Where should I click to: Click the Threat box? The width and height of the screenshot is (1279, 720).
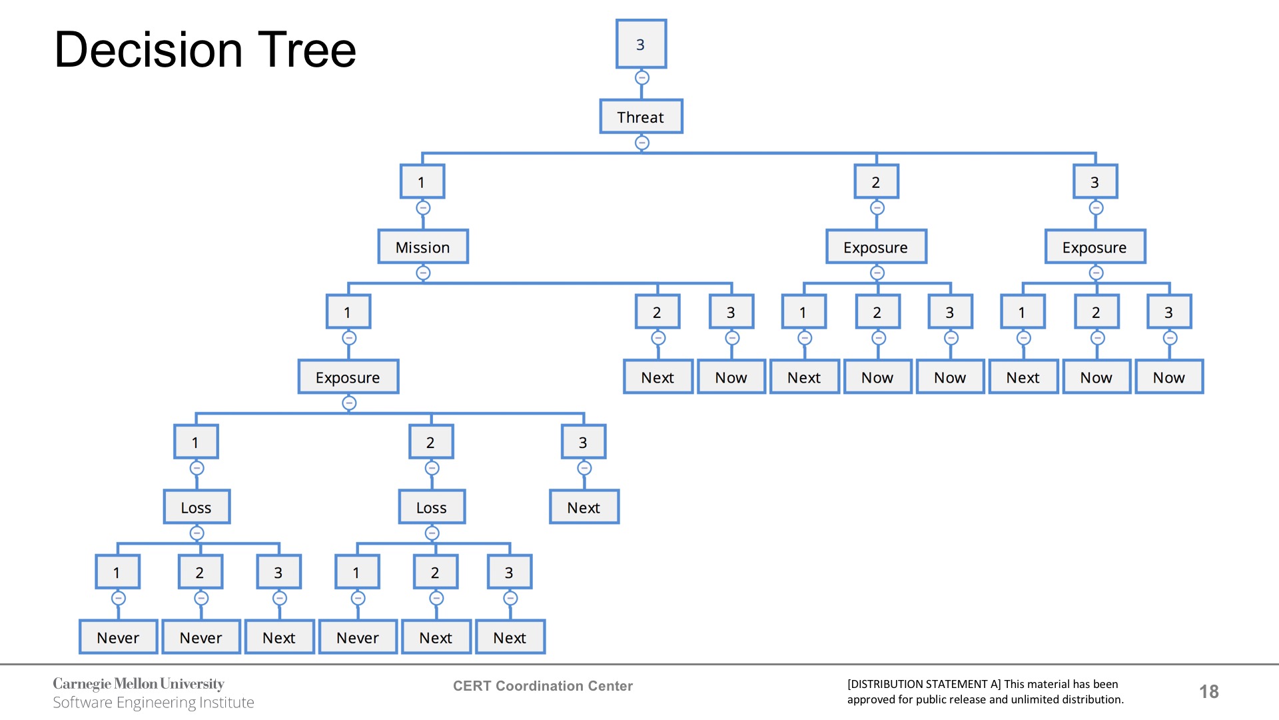[641, 117]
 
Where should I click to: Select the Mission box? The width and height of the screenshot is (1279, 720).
[423, 247]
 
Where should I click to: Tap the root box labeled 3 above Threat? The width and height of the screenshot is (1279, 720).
[641, 44]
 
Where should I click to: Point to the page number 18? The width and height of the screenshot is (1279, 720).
[1209, 691]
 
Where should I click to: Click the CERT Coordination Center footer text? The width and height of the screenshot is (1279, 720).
[543, 686]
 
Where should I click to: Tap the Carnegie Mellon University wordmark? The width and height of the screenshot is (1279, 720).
[139, 684]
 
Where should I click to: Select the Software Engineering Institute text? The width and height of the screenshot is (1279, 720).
[153, 703]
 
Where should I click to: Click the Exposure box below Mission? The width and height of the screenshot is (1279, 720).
[348, 377]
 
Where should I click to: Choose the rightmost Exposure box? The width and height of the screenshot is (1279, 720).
[1094, 247]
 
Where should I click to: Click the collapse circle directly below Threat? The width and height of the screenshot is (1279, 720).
[641, 143]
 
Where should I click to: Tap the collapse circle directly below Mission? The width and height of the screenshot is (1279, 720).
[423, 273]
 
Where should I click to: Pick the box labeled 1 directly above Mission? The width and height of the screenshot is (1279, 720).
[422, 182]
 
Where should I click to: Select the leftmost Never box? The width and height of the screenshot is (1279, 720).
[118, 637]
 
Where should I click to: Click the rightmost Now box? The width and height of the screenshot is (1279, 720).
[1168, 377]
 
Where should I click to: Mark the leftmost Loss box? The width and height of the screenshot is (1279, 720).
[197, 507]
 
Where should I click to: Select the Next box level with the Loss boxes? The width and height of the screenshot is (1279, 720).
[584, 507]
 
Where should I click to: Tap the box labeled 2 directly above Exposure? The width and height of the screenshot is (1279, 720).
[876, 182]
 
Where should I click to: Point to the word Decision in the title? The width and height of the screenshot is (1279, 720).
[148, 50]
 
